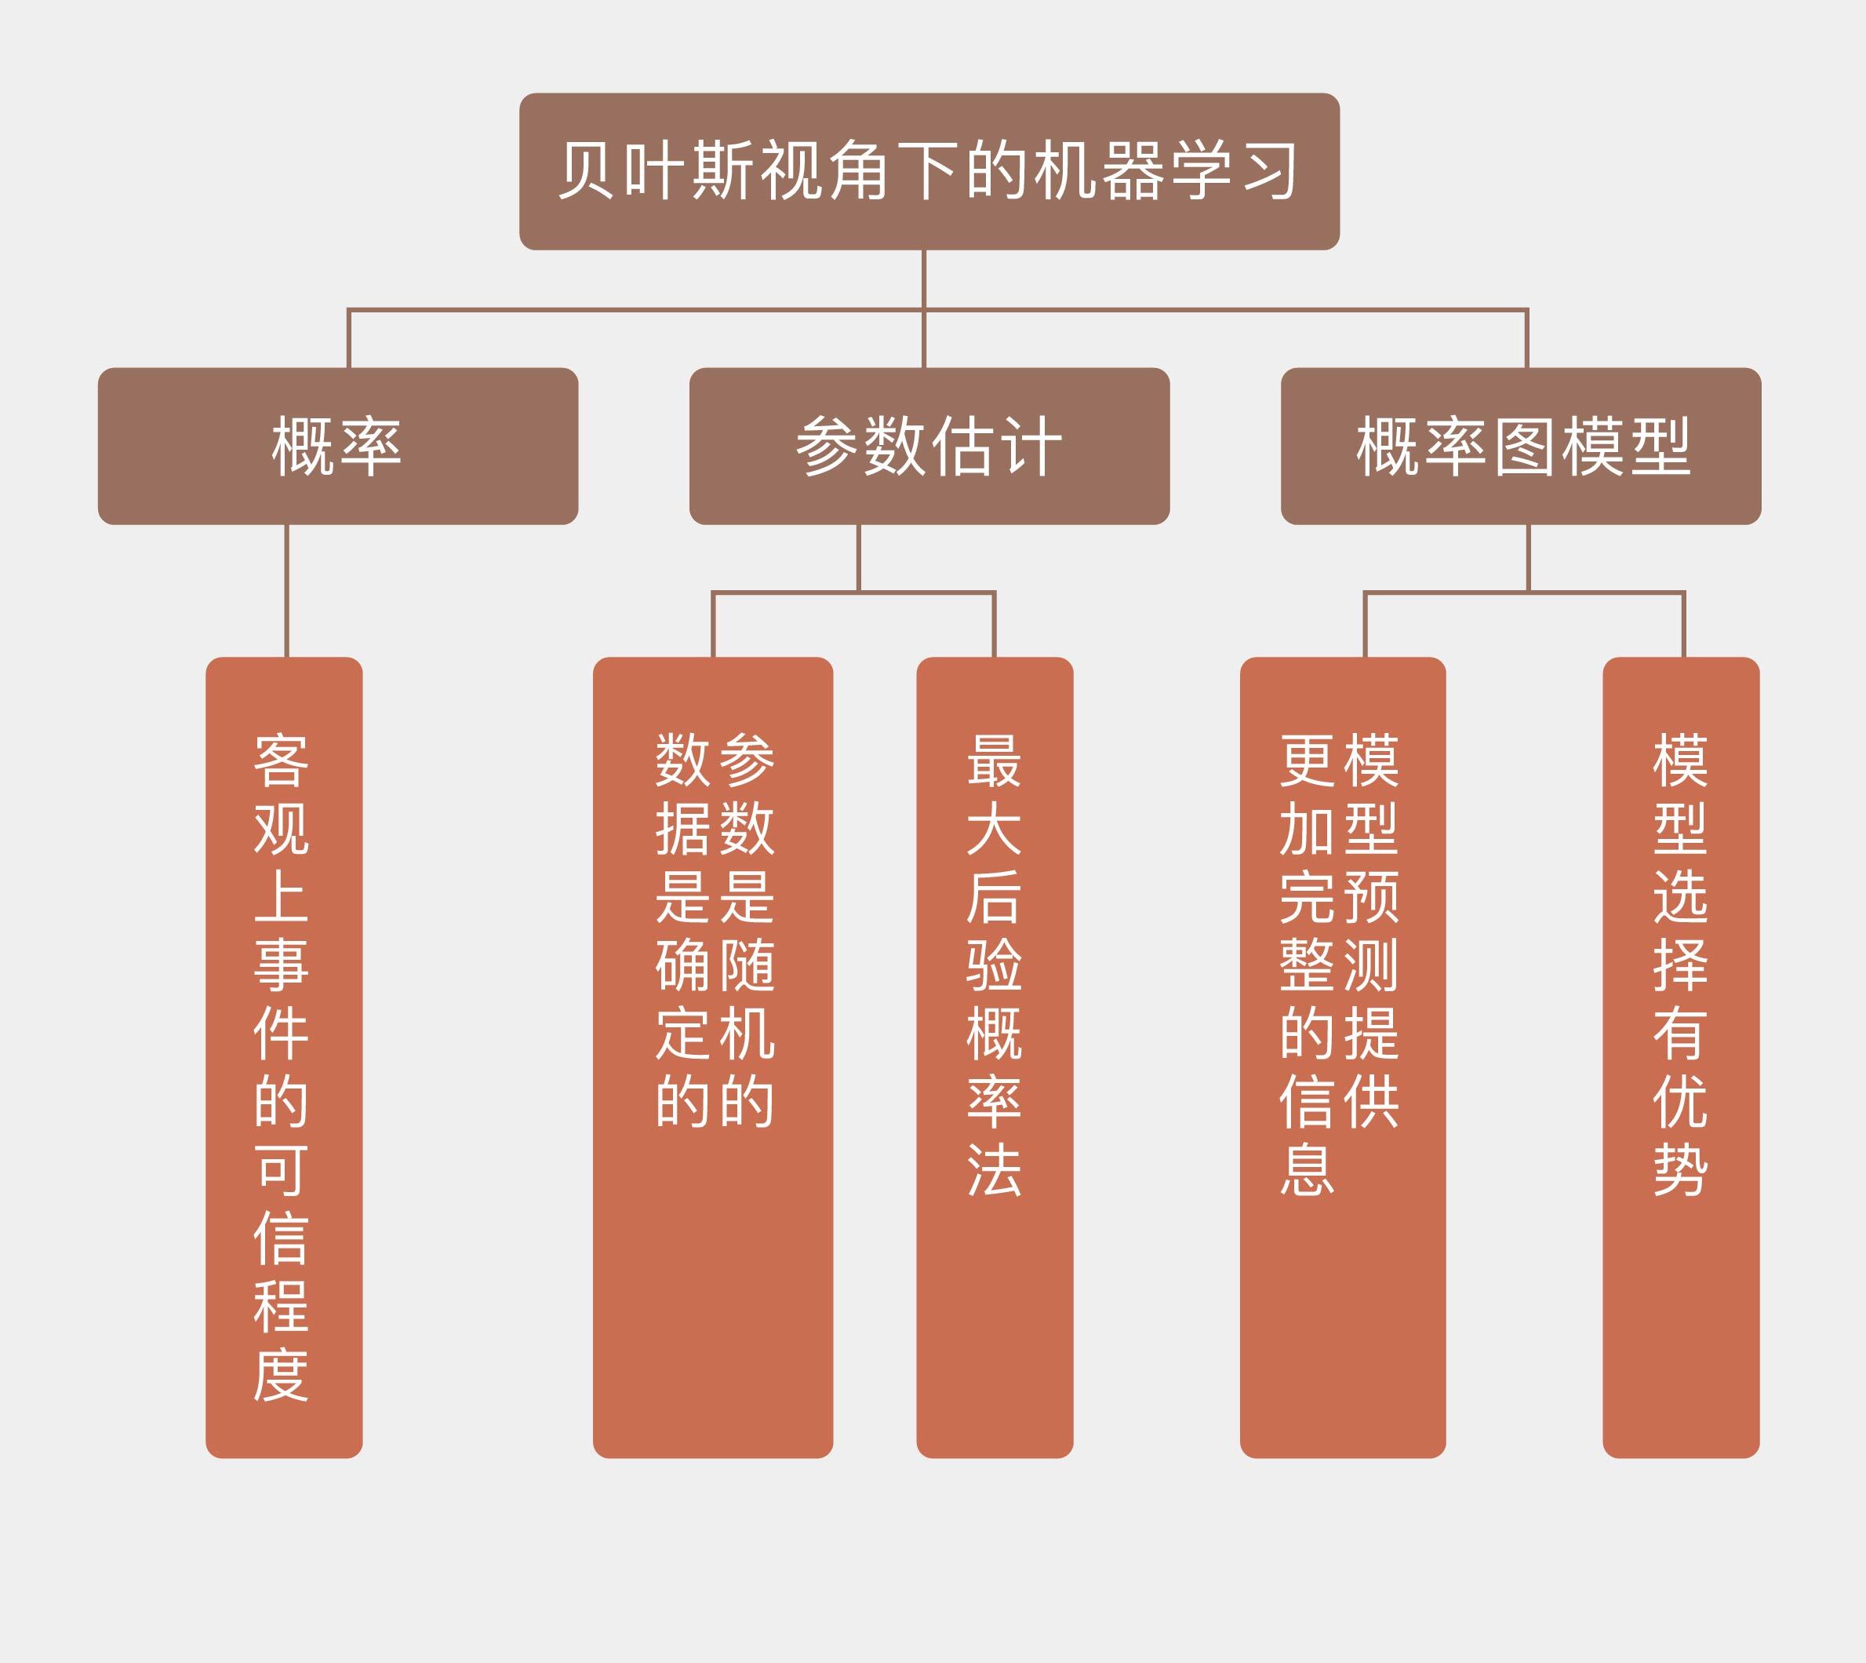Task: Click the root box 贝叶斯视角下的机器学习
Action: (929, 171)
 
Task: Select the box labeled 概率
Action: (337, 446)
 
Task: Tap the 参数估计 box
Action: (929, 446)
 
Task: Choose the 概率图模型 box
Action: (1521, 446)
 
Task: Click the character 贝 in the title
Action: (587, 170)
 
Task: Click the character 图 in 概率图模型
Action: (1523, 447)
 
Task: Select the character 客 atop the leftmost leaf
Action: (282, 760)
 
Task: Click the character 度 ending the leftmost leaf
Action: (282, 1375)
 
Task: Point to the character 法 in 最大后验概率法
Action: (995, 1169)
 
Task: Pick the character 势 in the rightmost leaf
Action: (1681, 1169)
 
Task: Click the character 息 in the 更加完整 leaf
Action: (1307, 1169)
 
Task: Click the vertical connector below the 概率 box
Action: (287, 590)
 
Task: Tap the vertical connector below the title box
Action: (924, 279)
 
